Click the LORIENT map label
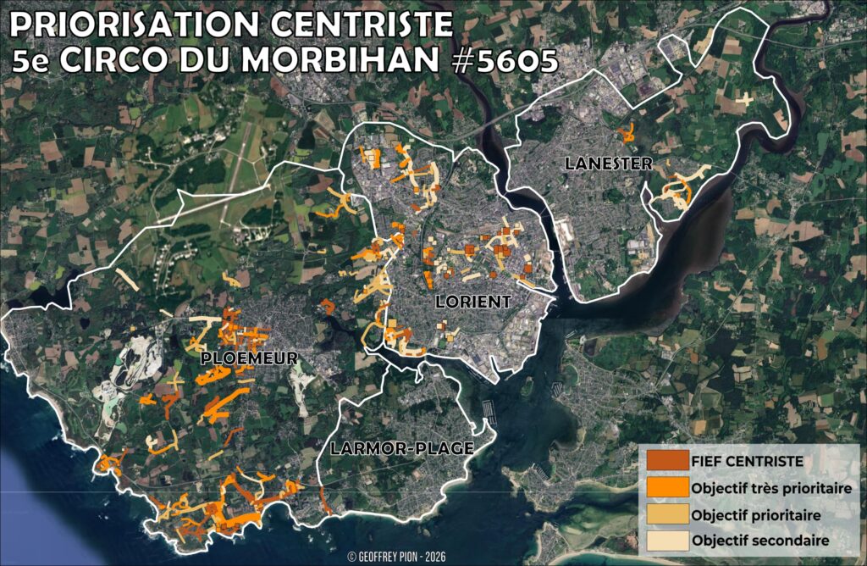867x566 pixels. [473, 302]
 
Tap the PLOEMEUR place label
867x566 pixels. [249, 358]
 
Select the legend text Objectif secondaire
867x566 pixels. [759, 541]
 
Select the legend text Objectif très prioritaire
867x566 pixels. [770, 489]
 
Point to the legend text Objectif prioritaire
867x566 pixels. [756, 514]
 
